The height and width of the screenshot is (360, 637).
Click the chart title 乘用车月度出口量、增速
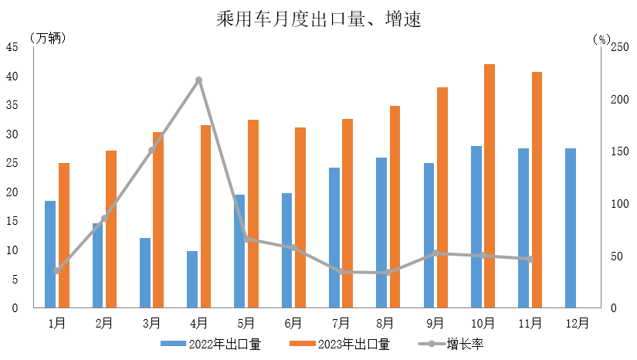pyautogui.click(x=318, y=19)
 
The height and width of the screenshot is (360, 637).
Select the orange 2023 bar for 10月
pyautogui.click(x=490, y=185)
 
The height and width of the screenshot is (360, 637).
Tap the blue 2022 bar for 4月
pyautogui.click(x=192, y=279)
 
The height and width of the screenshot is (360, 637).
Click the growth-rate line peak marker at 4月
pyautogui.click(x=199, y=80)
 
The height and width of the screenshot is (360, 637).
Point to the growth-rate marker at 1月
pyautogui.click(x=57, y=270)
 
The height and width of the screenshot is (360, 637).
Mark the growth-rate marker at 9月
pyautogui.click(x=435, y=253)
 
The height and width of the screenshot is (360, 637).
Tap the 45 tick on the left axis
pyautogui.click(x=13, y=47)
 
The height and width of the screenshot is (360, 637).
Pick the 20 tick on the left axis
pyautogui.click(x=13, y=192)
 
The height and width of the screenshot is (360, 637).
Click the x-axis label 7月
pyautogui.click(x=341, y=322)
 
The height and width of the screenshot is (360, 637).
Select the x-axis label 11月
pyautogui.click(x=530, y=322)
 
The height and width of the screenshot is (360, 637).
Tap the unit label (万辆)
pyautogui.click(x=48, y=38)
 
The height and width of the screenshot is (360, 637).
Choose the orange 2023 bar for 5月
pyautogui.click(x=253, y=214)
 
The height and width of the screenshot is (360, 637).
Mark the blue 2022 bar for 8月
pyautogui.click(x=381, y=233)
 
